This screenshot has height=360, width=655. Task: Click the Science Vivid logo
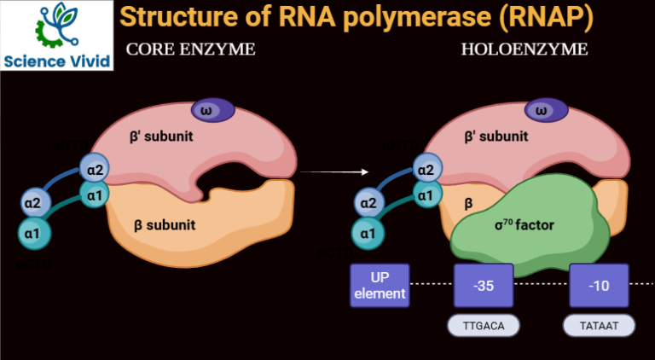(57, 35)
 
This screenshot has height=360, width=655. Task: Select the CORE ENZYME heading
(190, 49)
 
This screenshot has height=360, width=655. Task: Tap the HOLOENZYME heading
(524, 49)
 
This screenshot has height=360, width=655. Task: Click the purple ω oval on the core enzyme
(206, 109)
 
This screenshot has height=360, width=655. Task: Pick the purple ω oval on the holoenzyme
(538, 109)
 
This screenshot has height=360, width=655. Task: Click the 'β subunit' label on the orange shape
(165, 225)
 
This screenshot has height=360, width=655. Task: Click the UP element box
(380, 286)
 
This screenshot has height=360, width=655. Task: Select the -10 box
(599, 286)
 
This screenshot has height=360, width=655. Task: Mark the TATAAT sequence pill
(599, 325)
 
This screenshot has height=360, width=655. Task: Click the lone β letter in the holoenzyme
(468, 205)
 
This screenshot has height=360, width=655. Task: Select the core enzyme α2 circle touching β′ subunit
(96, 168)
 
